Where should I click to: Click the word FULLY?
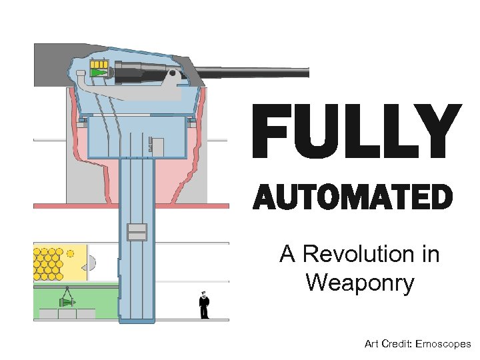coord(356,131)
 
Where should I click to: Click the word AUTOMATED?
coord(353,197)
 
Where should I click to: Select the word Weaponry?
coord(360,283)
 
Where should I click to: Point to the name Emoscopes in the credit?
coord(443,344)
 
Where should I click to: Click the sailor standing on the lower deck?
coord(204,307)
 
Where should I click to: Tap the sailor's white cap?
coord(203,293)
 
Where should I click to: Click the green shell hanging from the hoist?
coord(67,302)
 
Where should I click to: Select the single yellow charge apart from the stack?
coord(69,253)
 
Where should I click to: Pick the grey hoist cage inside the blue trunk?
coord(137,231)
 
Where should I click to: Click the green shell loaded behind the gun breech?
coord(99,73)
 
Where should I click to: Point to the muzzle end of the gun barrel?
coord(307,73)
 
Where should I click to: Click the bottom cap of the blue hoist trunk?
coord(137,319)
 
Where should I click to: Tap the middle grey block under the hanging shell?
coord(67,313)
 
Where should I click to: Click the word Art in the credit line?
coord(371,344)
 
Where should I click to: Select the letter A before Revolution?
coord(287,254)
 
